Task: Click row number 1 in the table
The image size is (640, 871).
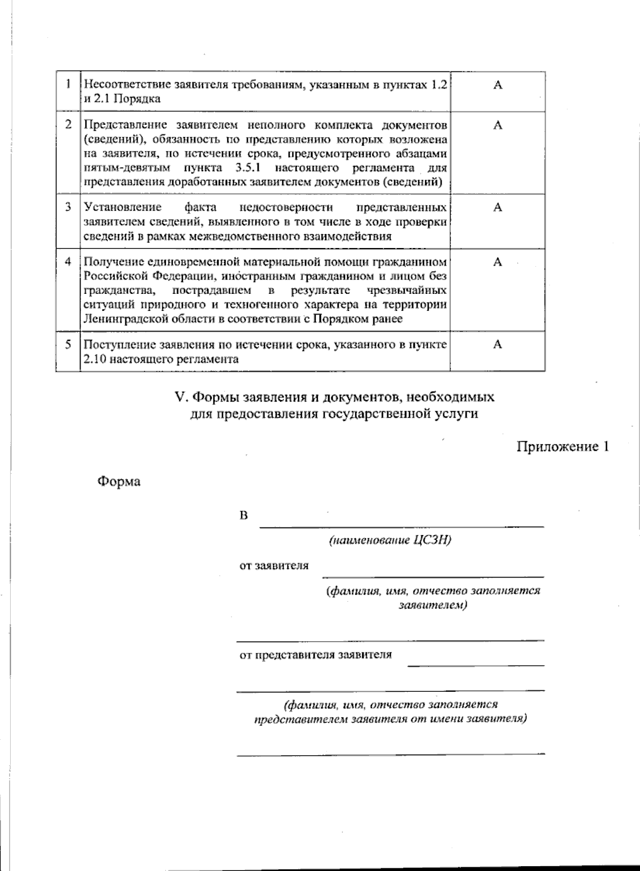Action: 68,84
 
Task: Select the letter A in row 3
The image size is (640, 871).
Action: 497,207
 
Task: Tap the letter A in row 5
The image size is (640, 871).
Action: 497,345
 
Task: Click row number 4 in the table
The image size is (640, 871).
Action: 68,262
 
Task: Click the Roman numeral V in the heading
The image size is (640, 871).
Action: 179,397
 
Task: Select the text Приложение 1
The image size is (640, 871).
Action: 562,446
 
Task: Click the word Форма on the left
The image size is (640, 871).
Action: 118,482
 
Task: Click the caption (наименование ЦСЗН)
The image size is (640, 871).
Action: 390,540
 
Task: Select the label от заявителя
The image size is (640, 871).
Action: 273,565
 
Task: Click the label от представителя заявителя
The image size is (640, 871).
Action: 315,654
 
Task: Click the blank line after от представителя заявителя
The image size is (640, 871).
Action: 475,665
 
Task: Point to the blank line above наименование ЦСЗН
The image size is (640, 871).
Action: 401,526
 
